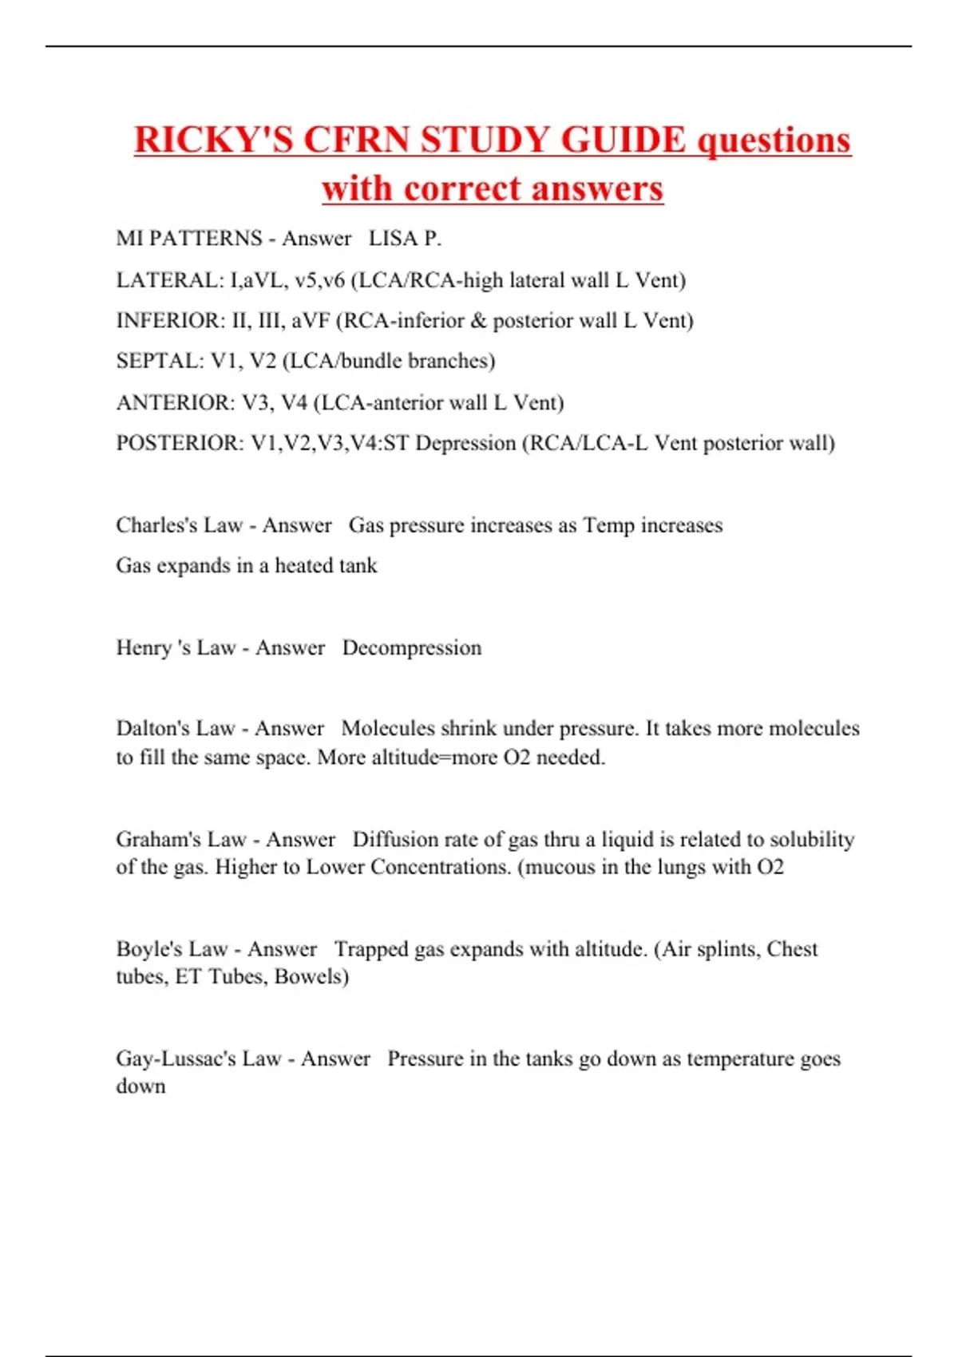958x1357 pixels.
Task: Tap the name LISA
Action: tap(392, 238)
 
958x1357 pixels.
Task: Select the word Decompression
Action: tap(411, 647)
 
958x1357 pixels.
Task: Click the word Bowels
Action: tap(311, 976)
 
